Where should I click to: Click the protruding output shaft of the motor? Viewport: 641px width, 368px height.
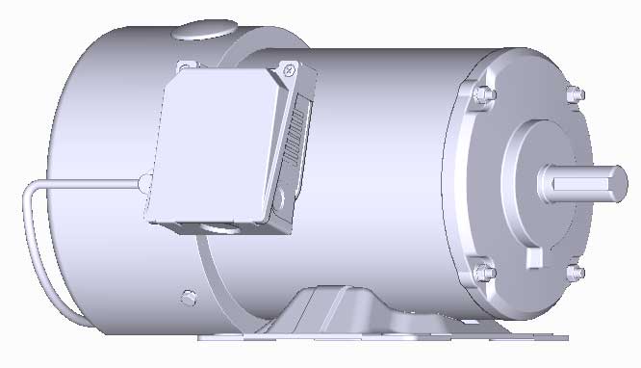(577, 181)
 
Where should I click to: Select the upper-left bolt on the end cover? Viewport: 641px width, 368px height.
(481, 93)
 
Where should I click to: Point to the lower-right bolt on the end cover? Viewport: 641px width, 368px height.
(576, 273)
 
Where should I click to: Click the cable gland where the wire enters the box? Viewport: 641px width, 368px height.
(142, 181)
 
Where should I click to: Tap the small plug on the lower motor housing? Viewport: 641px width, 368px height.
(189, 292)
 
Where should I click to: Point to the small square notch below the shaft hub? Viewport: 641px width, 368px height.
(535, 258)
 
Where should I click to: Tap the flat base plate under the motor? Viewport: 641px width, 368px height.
(385, 338)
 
